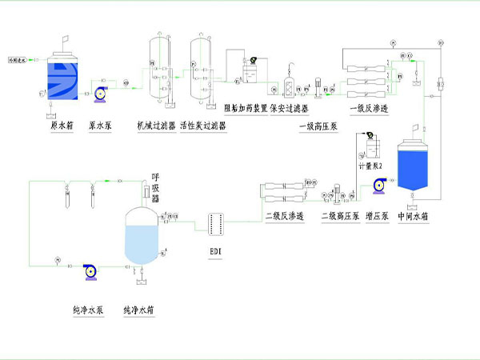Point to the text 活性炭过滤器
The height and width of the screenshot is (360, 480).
point(204,126)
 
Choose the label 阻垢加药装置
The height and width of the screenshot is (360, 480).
point(243,109)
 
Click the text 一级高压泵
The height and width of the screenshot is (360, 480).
point(317,126)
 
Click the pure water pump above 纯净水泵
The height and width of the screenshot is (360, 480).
point(89,272)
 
